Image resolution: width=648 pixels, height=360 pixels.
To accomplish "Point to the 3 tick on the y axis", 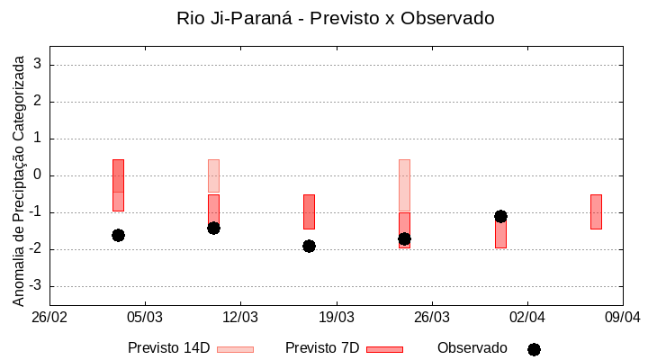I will [x=38, y=65].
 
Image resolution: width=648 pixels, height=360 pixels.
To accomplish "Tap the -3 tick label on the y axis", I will [x=34, y=286].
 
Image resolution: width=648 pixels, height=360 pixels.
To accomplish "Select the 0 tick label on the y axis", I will [x=38, y=175].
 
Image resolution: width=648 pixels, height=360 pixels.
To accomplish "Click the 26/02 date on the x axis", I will [x=49, y=318].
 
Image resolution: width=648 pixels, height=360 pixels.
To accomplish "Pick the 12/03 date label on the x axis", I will [x=240, y=318].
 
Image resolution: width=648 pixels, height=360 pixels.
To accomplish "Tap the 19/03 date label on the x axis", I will [x=336, y=318].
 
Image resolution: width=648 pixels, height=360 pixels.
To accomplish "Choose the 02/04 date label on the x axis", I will [x=526, y=318].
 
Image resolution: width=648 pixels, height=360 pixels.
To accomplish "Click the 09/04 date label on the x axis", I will [x=622, y=318].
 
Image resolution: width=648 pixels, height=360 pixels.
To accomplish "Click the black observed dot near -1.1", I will [x=500, y=216].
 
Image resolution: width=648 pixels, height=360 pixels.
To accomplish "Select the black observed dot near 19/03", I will [x=309, y=246].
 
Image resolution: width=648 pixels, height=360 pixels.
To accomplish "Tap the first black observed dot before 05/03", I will [x=118, y=235].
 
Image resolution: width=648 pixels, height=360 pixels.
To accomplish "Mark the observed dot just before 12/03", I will [x=213, y=228].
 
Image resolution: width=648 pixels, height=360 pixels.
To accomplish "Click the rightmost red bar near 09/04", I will [x=596, y=211].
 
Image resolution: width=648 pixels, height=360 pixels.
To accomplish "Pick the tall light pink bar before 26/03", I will [x=404, y=184].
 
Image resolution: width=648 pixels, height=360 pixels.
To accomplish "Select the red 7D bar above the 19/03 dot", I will [x=309, y=211].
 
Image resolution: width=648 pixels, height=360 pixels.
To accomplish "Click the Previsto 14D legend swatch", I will [x=235, y=349].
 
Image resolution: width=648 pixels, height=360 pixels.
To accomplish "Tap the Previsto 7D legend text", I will [x=322, y=348].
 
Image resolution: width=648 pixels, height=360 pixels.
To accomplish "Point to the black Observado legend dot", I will [x=534, y=349].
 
